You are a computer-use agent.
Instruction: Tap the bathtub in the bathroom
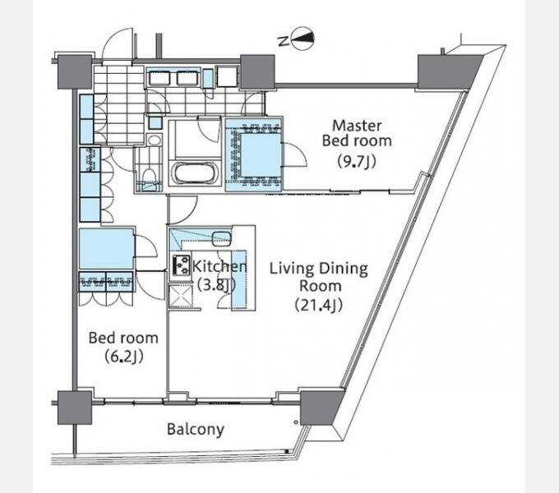(195, 173)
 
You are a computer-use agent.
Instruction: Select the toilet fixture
(149, 175)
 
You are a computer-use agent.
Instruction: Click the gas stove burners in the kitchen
(181, 265)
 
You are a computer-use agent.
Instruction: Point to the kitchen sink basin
(221, 238)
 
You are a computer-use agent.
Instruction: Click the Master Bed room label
(357, 133)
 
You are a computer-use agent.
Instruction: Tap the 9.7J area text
(357, 163)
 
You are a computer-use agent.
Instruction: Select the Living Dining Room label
(318, 277)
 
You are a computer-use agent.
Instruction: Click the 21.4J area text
(319, 306)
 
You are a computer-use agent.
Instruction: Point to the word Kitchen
(219, 266)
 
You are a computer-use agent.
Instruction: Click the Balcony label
(196, 429)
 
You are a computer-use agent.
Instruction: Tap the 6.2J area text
(124, 357)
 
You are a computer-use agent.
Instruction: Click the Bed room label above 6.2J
(123, 338)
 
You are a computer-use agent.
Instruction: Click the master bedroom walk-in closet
(254, 154)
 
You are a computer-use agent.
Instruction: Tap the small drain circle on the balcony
(296, 422)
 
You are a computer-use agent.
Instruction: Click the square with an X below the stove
(181, 296)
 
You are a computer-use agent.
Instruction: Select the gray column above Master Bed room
(449, 71)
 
